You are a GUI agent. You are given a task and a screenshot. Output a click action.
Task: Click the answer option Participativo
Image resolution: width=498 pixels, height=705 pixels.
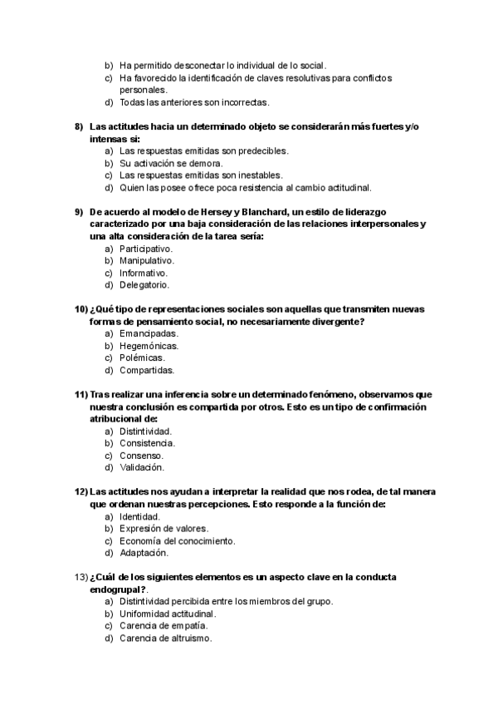[145, 249]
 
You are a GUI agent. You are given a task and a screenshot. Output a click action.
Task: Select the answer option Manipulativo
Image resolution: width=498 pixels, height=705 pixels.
[146, 260]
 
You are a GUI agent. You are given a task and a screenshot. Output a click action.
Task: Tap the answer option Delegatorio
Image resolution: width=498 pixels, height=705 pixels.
[144, 284]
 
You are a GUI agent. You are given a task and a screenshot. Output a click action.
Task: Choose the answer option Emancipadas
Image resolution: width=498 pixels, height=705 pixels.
[149, 333]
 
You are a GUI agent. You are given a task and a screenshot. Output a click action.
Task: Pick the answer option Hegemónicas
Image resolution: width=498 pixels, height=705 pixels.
[149, 346]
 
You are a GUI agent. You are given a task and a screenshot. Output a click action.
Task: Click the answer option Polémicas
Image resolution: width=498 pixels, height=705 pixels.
[144, 357]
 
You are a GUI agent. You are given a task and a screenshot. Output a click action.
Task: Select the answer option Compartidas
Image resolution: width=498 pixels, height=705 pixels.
[147, 370]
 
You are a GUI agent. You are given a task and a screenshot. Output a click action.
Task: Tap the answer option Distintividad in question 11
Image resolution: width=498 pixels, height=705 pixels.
[145, 431]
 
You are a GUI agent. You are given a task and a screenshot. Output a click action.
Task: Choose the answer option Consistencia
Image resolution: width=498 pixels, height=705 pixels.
[147, 443]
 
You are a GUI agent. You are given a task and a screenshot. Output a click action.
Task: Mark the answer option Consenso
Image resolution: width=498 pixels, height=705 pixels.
[141, 456]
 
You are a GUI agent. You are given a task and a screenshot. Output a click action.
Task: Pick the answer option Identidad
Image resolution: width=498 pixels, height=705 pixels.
[139, 516]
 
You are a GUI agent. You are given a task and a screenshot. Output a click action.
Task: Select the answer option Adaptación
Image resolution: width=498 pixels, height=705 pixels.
[144, 552]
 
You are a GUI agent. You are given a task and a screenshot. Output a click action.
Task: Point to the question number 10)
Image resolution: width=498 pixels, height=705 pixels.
[81, 309]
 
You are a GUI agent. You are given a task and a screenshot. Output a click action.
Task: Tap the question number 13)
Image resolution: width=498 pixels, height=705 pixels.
[81, 577]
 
